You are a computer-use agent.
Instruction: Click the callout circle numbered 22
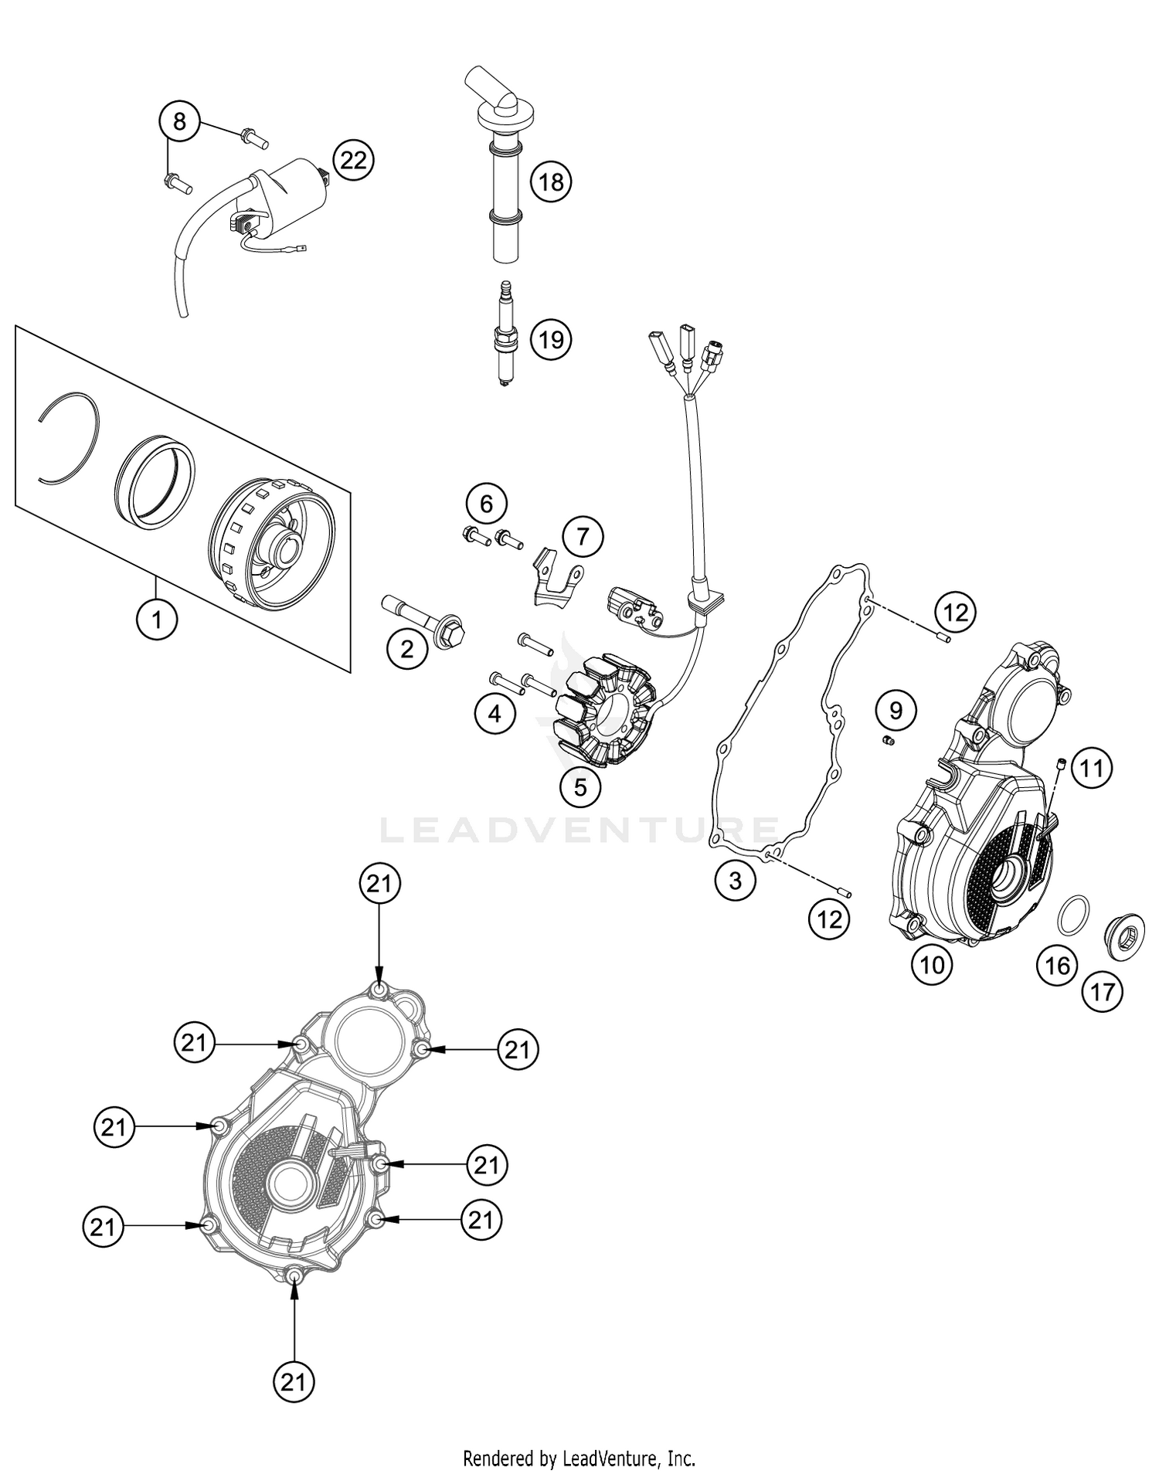coord(353,161)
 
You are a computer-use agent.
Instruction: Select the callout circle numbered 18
coord(551,182)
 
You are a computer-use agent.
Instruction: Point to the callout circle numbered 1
coord(157,619)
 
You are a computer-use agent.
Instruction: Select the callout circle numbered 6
coord(486,504)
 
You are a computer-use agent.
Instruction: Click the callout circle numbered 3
coord(735,880)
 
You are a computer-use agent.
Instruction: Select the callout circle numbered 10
coord(932,965)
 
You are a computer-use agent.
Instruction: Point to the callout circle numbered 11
coord(1092,768)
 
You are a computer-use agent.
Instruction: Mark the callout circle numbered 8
coord(179,121)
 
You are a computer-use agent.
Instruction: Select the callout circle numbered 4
coord(495,714)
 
